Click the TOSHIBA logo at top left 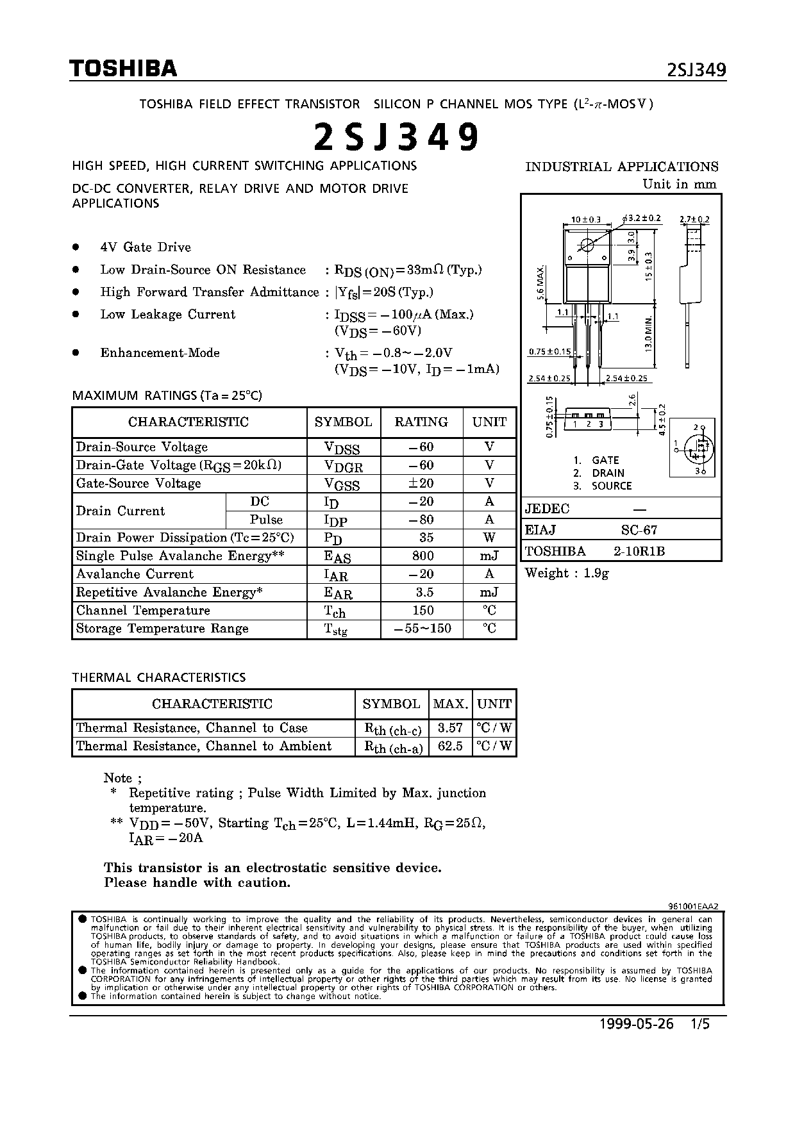(123, 69)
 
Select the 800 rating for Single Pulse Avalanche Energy (423, 556)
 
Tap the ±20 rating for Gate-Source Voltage (423, 483)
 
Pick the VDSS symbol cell (342, 448)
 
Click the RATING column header (421, 422)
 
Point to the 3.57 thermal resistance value (449, 728)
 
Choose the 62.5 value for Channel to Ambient (449, 746)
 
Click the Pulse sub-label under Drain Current (266, 519)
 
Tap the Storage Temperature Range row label (162, 629)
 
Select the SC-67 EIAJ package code (639, 530)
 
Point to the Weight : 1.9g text (567, 574)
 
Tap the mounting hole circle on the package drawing (587, 244)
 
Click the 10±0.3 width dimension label (585, 220)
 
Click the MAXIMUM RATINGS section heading (167, 395)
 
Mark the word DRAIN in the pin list (608, 473)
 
